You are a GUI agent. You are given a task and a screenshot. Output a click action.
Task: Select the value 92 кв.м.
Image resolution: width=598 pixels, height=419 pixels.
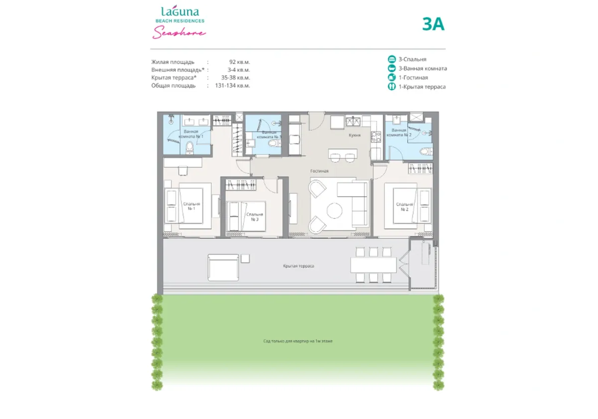pyautogui.click(x=239, y=62)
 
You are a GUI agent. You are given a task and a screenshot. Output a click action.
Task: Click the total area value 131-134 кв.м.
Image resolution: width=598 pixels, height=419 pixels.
pyautogui.click(x=233, y=86)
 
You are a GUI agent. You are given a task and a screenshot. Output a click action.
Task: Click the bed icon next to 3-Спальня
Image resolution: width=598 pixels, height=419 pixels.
pyautogui.click(x=392, y=59)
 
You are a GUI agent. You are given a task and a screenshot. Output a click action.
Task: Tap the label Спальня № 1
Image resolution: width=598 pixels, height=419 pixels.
pyautogui.click(x=191, y=207)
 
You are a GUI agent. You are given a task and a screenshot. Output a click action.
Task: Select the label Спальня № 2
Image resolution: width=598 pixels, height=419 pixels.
pyautogui.click(x=405, y=207)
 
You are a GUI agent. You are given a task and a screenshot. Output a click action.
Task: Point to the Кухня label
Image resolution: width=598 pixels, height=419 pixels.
pyautogui.click(x=354, y=135)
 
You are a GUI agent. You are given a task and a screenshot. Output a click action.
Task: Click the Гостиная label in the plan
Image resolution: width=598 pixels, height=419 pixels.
pyautogui.click(x=319, y=171)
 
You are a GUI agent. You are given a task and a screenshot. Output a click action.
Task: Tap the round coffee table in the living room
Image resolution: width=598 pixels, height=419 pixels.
pyautogui.click(x=334, y=211)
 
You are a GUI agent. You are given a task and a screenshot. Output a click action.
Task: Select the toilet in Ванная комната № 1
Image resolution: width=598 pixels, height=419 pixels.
pyautogui.click(x=189, y=148)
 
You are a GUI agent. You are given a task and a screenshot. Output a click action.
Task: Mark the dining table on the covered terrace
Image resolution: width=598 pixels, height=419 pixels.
pyautogui.click(x=373, y=265)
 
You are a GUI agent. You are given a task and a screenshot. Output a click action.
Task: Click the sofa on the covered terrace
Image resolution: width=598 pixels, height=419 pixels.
pyautogui.click(x=222, y=267)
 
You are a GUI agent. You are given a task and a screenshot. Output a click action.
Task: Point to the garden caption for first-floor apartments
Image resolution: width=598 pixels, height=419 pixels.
pyautogui.click(x=298, y=341)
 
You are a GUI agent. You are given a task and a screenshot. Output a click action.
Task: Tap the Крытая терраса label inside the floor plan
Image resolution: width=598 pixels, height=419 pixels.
pyautogui.click(x=298, y=266)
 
